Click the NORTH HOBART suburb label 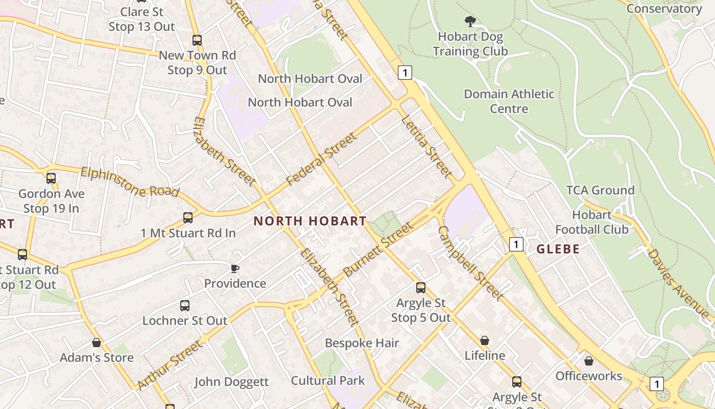click(310, 221)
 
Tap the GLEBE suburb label click(558, 249)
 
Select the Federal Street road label click(321, 159)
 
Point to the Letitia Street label click(426, 147)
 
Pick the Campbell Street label click(470, 263)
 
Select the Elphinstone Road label click(130, 181)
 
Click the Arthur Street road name click(169, 365)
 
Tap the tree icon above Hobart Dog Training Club click(470, 21)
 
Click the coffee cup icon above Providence click(234, 268)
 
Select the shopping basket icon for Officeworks click(589, 361)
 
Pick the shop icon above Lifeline click(484, 340)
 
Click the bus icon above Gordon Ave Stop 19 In click(51, 178)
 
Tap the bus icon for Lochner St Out click(185, 306)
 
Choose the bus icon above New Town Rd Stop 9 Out click(197, 40)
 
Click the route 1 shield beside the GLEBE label click(516, 244)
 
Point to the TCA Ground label click(600, 190)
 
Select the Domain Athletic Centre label click(509, 101)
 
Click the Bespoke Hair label click(362, 343)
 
